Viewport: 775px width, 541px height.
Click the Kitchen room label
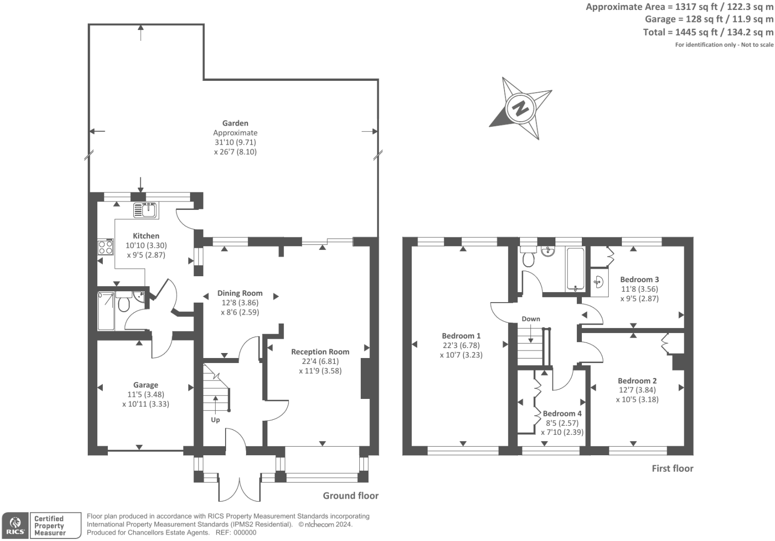pos(146,236)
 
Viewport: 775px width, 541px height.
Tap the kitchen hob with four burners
pos(105,247)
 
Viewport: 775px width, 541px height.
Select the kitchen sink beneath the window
pos(146,210)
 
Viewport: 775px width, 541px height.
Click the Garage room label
pos(146,385)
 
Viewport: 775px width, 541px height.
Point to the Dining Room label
pos(240,293)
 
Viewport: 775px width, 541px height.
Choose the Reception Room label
pos(320,352)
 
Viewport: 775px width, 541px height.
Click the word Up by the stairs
pos(215,420)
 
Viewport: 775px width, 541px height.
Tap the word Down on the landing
pos(531,319)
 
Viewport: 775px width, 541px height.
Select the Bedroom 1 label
pos(461,336)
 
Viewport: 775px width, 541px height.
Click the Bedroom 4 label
pos(562,413)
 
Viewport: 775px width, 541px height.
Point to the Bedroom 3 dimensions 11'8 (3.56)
pos(639,289)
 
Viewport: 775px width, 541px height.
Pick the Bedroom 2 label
pos(637,380)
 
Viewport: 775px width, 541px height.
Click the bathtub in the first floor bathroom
pos(575,269)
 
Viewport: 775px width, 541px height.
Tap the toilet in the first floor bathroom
pos(528,257)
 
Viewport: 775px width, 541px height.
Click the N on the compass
pos(520,108)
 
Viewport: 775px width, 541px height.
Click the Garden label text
pos(235,123)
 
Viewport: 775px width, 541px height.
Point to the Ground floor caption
pos(350,496)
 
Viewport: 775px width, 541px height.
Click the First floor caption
pos(673,468)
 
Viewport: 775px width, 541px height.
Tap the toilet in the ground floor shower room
pos(124,302)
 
